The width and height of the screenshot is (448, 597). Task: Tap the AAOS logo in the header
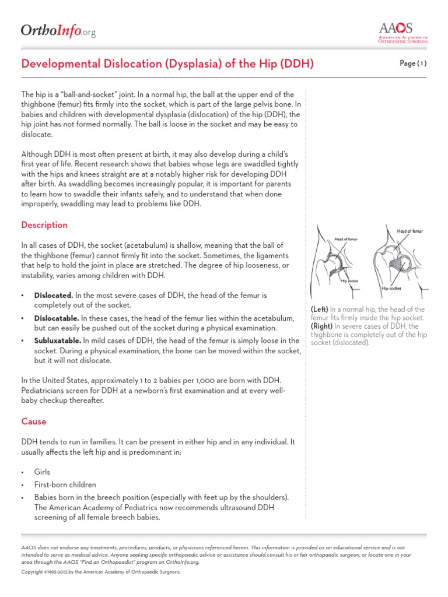pos(403,33)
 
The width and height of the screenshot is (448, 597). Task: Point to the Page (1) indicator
pos(413,64)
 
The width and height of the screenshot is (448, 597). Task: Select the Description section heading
pos(44,225)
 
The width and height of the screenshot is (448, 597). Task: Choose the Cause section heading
pos(33,422)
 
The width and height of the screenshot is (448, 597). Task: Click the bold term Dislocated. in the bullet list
pos(54,295)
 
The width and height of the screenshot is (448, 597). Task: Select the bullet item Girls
pos(42,472)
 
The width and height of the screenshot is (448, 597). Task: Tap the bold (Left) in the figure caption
pos(320,309)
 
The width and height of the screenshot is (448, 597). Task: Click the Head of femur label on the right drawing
pos(409,231)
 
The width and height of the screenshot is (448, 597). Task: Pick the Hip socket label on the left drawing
pos(349,281)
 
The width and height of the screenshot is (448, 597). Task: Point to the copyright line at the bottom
pos(101,572)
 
